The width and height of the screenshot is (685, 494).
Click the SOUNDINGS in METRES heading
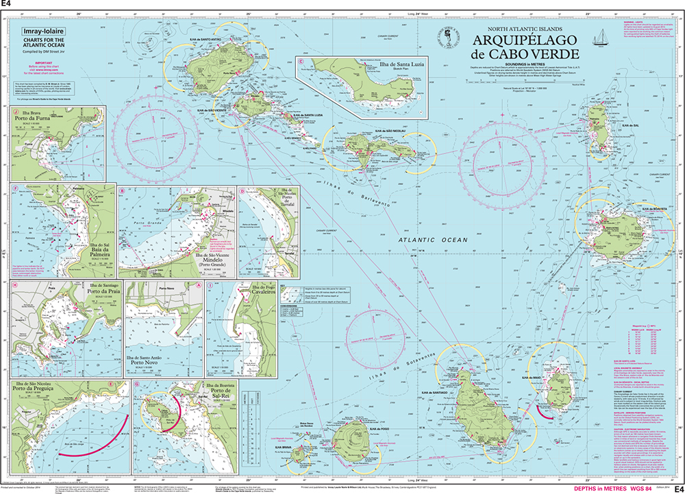tap(524, 64)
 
